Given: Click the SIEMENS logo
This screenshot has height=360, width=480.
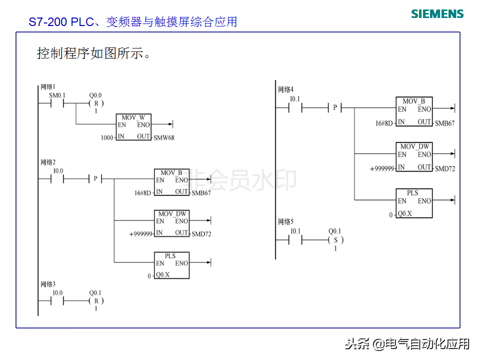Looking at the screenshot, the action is coord(437,14).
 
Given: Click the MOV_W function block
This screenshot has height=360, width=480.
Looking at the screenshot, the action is coord(133,127).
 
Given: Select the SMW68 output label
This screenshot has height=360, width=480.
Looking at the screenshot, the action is coord(164,138).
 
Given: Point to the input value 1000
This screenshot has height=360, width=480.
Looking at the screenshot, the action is coord(107,138).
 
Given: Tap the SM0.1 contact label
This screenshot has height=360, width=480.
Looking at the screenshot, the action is coord(57,95).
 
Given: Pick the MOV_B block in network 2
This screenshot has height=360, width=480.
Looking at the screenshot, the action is coord(171,182).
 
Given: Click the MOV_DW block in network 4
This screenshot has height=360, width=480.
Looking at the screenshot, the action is coord(414,156).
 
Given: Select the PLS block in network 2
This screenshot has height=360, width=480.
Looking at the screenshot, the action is coord(171,265).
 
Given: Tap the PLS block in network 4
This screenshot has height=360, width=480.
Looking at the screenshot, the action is coord(414,203).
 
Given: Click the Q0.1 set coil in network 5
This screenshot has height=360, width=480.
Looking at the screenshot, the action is coord(335,240).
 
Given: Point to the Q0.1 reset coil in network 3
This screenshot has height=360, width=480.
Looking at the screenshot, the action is coord(96,301).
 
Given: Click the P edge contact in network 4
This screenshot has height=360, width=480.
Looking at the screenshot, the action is coord(335,108).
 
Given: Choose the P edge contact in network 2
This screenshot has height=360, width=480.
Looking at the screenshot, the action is coord(95,178).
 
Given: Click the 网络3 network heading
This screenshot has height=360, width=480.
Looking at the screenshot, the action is coord(48,284).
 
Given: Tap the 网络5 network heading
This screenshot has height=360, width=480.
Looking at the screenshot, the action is coord(285,221).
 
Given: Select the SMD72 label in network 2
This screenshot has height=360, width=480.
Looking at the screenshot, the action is coord(201,234).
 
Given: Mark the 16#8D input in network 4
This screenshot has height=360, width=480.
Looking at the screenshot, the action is coord(384,123).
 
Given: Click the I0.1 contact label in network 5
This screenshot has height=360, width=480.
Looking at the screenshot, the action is coord(295,231).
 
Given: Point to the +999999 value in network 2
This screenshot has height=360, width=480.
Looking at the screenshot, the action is coord(141,234).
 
